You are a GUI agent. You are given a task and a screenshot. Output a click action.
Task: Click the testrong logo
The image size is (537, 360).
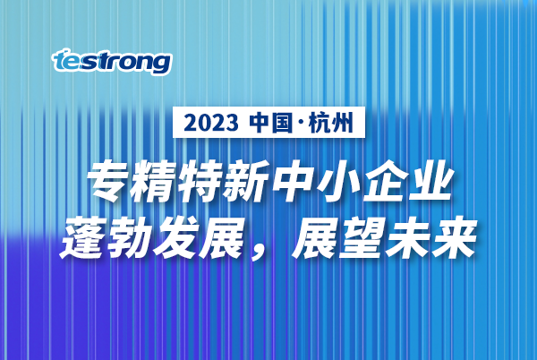[112, 62]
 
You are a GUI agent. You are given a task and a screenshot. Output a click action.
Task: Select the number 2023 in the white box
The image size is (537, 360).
[211, 123]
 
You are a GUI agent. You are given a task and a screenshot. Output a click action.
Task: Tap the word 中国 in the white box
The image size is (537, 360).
[271, 123]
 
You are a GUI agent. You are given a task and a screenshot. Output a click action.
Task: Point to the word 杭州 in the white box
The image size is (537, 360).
[331, 123]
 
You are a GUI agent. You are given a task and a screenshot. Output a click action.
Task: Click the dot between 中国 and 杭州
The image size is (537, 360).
[301, 123]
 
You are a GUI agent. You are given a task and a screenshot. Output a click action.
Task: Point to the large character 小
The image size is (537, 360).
[338, 181]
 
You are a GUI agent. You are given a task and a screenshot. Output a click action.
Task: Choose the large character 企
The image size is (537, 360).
[385, 181]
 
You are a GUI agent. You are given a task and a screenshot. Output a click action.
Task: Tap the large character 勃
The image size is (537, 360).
[131, 238]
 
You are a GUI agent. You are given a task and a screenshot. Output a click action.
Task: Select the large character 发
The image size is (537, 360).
[176, 238]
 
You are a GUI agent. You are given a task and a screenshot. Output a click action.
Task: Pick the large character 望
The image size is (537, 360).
[362, 238]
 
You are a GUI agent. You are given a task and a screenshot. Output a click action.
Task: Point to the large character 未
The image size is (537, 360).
[407, 238]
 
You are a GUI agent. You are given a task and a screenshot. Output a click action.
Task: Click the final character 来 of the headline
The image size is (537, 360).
[454, 238]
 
